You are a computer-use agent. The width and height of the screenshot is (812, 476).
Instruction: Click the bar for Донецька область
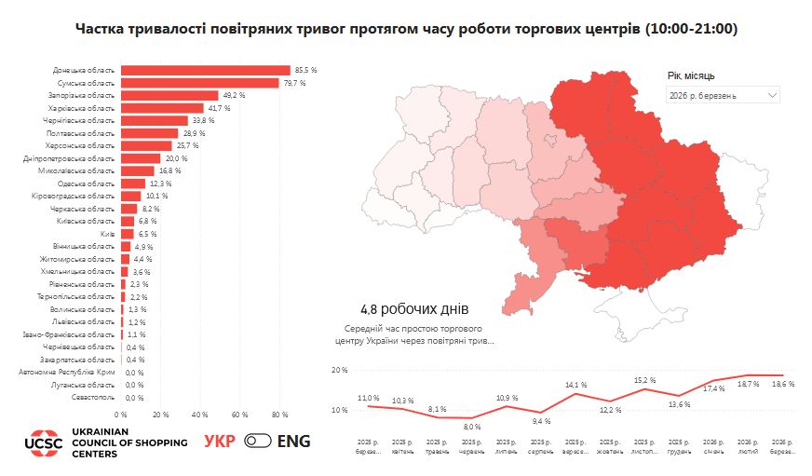click(205, 71)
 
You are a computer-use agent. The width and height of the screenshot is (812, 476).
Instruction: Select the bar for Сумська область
click(199, 83)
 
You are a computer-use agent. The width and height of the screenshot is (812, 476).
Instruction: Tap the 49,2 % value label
click(233, 96)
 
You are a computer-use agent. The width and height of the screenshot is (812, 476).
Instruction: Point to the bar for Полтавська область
click(149, 133)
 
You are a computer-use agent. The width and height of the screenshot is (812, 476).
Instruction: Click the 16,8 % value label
click(169, 171)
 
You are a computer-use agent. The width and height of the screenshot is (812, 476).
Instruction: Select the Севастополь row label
click(93, 398)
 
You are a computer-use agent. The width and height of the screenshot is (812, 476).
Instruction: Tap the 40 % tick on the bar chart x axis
click(199, 415)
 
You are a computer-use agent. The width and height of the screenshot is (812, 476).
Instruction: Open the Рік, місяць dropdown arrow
click(772, 96)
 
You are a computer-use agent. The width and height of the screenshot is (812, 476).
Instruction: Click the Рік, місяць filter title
click(691, 75)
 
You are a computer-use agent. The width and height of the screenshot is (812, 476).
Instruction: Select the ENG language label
click(293, 442)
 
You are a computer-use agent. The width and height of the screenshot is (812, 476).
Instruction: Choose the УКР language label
click(220, 442)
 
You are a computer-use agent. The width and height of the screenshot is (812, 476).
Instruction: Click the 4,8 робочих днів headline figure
click(413, 309)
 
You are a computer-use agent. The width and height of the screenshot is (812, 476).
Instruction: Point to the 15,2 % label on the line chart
click(644, 380)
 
